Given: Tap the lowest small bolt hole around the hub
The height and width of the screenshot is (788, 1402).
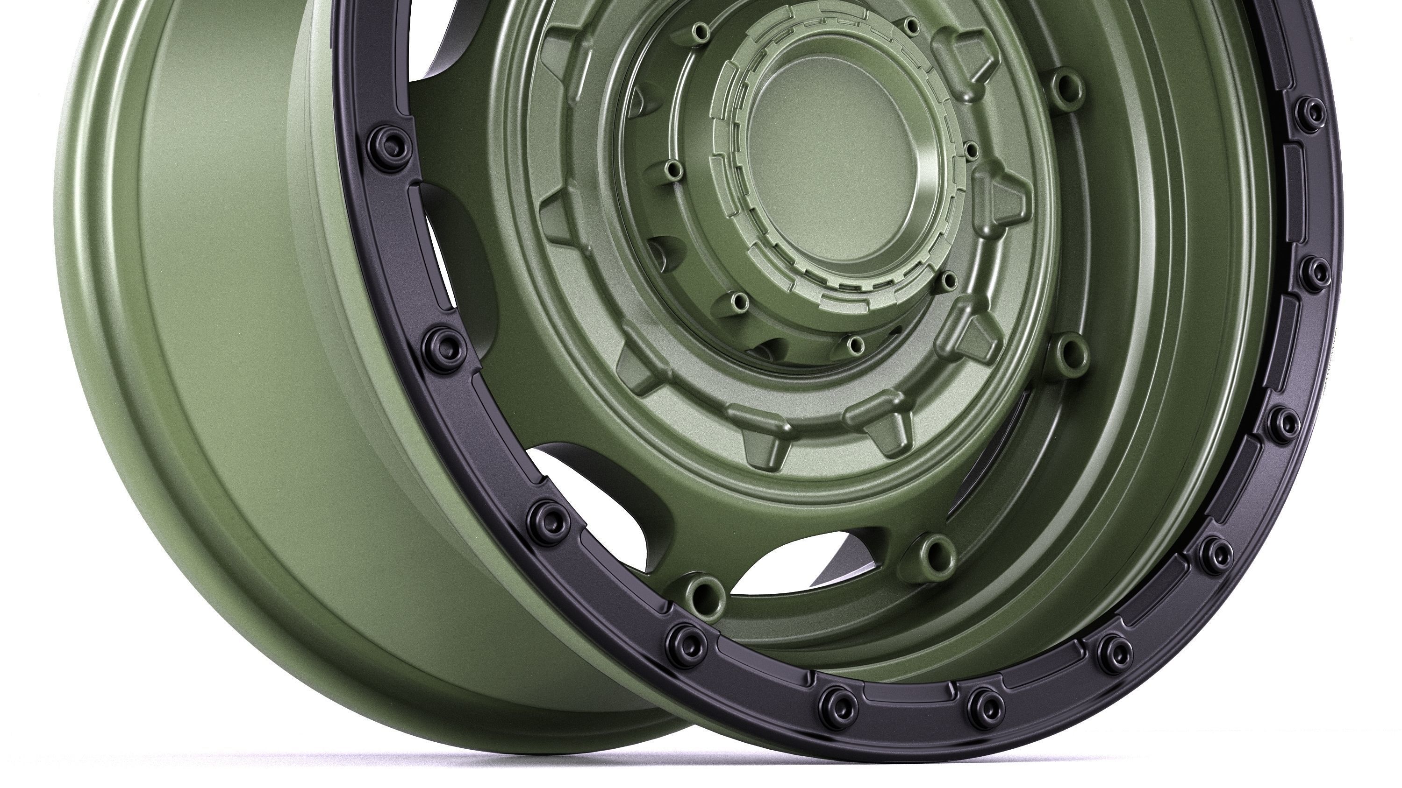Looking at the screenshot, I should (856, 344).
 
